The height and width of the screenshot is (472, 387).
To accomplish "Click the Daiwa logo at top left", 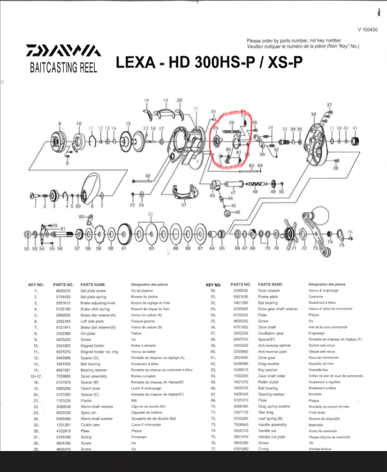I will [x=63, y=51].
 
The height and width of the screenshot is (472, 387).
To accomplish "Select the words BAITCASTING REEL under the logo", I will [x=64, y=67].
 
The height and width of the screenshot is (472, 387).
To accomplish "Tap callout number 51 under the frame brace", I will [x=184, y=206].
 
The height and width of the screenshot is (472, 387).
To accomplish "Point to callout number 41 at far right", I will [x=355, y=128].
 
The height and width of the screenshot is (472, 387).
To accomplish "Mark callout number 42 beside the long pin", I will [x=148, y=176].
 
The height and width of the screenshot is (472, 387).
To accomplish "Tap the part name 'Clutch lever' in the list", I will [x=92, y=388].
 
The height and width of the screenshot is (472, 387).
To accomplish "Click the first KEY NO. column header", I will [x=36, y=285].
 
